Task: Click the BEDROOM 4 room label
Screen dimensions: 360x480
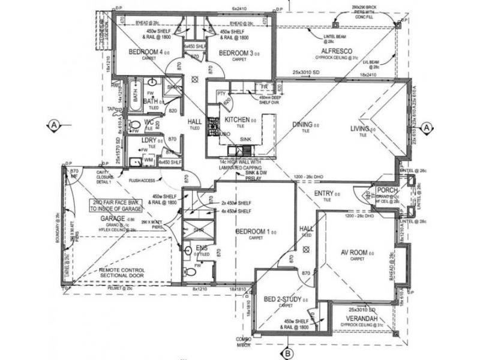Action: coord(144,52)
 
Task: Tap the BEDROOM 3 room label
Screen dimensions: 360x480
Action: coord(234,53)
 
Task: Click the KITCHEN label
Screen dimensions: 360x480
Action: coord(236,120)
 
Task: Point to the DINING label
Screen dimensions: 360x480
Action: coord(302,125)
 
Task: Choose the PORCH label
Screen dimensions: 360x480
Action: coord(388,192)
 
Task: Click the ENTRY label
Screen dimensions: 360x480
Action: coord(323,193)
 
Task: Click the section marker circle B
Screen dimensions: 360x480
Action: coord(287,352)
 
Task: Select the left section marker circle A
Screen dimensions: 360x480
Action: coord(54,125)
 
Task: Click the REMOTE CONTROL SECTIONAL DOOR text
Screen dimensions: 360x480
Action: coord(122,274)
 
